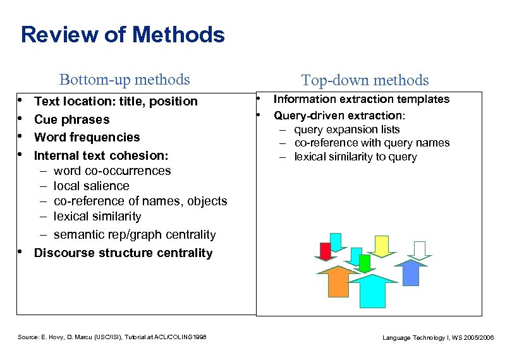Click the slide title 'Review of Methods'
pyautogui.click(x=122, y=34)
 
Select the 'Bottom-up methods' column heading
pyautogui.click(x=124, y=80)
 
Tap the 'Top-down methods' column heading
pyautogui.click(x=365, y=80)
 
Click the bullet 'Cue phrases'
pyautogui.click(x=71, y=119)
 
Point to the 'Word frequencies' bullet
pyautogui.click(x=87, y=137)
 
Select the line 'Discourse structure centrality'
pyautogui.click(x=123, y=253)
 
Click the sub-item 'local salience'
pyautogui.click(x=91, y=186)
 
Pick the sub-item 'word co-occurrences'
pyautogui.click(x=112, y=171)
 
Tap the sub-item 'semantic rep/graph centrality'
pyautogui.click(x=134, y=234)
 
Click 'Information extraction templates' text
pyautogui.click(x=361, y=99)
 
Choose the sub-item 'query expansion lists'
pyautogui.click(x=346, y=129)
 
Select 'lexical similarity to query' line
pyautogui.click(x=355, y=157)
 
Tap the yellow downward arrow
pyautogui.click(x=381, y=246)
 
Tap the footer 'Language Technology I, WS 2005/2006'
pyautogui.click(x=438, y=338)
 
